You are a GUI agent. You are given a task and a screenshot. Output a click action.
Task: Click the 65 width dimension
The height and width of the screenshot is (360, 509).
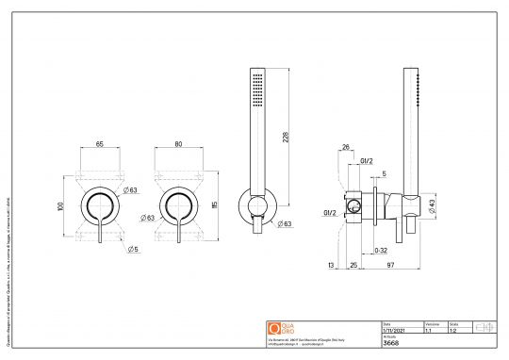[x=99, y=145]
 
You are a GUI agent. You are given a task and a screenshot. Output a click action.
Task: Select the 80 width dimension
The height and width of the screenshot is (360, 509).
[x=179, y=145]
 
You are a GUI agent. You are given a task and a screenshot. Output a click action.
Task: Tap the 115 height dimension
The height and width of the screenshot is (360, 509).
[x=216, y=205]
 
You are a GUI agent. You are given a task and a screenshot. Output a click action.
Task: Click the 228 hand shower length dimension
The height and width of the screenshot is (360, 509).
[x=286, y=137]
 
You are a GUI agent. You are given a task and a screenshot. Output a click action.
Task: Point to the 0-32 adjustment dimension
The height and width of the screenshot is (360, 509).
[x=380, y=252]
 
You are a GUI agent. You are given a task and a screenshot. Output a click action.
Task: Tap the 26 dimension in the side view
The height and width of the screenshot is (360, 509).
[x=346, y=146]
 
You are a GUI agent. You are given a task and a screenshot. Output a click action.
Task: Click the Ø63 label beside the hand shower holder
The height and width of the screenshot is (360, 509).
[x=283, y=224]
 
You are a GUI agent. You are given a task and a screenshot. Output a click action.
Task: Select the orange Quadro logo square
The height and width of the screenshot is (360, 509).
[x=274, y=328]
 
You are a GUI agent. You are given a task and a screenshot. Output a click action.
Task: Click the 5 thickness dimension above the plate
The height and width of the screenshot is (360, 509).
[x=384, y=174]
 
